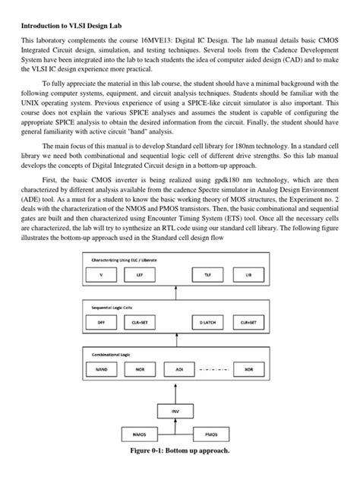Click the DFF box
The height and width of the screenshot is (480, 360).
pyautogui.click(x=101, y=323)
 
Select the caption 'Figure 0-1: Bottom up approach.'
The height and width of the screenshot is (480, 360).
pyautogui.click(x=180, y=471)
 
